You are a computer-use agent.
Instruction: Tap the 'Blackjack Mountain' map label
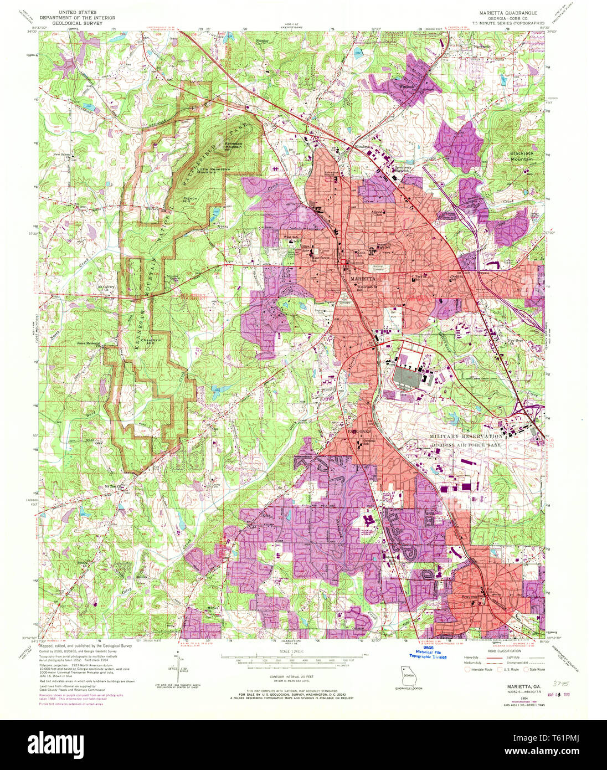click(x=521, y=156)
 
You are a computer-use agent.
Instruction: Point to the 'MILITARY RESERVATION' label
click(x=466, y=437)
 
